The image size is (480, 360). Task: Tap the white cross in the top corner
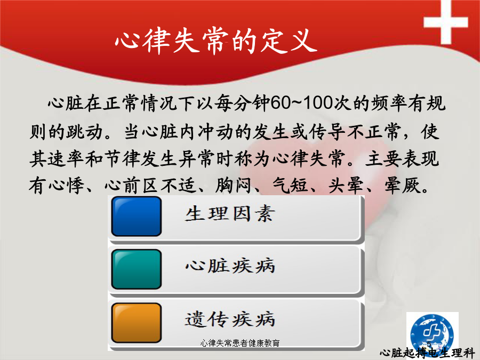point(446,21)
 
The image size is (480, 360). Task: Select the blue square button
point(137,217)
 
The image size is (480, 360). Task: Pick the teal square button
point(137,269)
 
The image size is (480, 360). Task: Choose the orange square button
point(137,323)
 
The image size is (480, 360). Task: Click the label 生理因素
point(230,214)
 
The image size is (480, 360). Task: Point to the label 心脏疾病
point(230,266)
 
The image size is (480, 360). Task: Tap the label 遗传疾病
point(230,319)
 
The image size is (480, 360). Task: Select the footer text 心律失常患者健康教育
point(240,343)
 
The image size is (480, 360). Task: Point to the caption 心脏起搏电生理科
point(427,353)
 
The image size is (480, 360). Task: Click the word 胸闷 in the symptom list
point(233,185)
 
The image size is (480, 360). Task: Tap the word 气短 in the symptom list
point(290,185)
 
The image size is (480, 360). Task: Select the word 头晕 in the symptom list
point(346,185)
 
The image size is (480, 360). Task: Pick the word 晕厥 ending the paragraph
point(402,185)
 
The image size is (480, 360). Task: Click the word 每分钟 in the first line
point(242,103)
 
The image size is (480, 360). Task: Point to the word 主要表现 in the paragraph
point(402,158)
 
